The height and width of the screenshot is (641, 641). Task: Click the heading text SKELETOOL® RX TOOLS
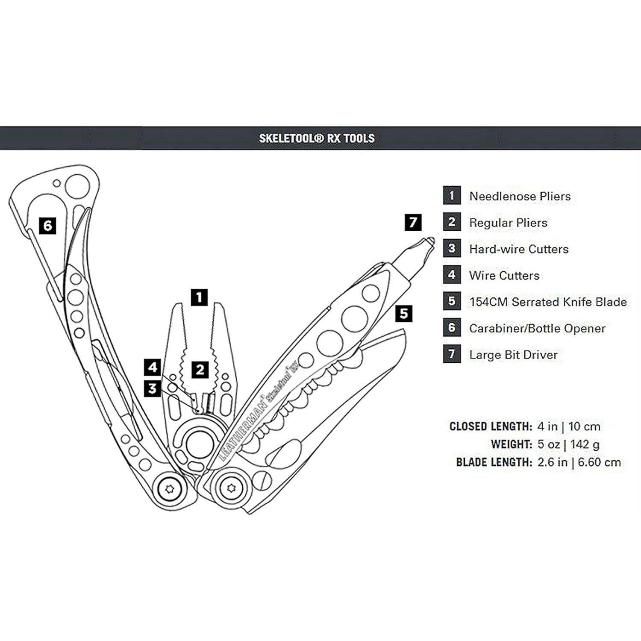click(x=317, y=138)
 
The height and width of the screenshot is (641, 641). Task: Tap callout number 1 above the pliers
click(x=200, y=297)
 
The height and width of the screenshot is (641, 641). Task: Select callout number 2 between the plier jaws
click(x=200, y=370)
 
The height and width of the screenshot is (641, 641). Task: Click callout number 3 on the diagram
click(x=153, y=389)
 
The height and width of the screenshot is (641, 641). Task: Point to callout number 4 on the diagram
click(x=153, y=368)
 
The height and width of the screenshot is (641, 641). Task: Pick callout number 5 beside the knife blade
click(x=404, y=314)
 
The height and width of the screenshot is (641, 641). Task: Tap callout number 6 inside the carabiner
click(x=47, y=225)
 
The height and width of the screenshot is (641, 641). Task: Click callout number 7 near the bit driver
click(x=413, y=222)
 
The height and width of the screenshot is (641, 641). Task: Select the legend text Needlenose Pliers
click(x=520, y=196)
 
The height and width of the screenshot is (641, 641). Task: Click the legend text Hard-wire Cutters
click(x=519, y=249)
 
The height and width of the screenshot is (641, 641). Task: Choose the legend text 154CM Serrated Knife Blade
click(x=548, y=302)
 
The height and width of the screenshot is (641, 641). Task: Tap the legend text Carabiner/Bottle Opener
click(x=537, y=329)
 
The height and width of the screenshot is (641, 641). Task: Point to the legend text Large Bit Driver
click(x=513, y=355)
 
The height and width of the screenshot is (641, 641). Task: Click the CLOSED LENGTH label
click(x=491, y=426)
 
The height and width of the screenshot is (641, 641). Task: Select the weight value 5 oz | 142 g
click(x=568, y=444)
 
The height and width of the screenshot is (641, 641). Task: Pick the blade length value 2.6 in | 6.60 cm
click(x=579, y=462)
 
